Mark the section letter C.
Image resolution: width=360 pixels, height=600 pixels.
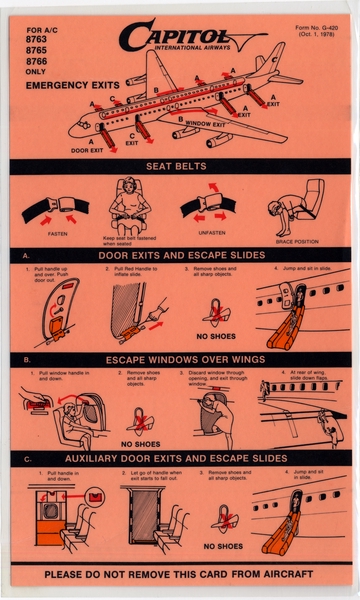coord(24,458)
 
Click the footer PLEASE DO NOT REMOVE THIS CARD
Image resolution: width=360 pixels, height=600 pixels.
coord(180,575)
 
